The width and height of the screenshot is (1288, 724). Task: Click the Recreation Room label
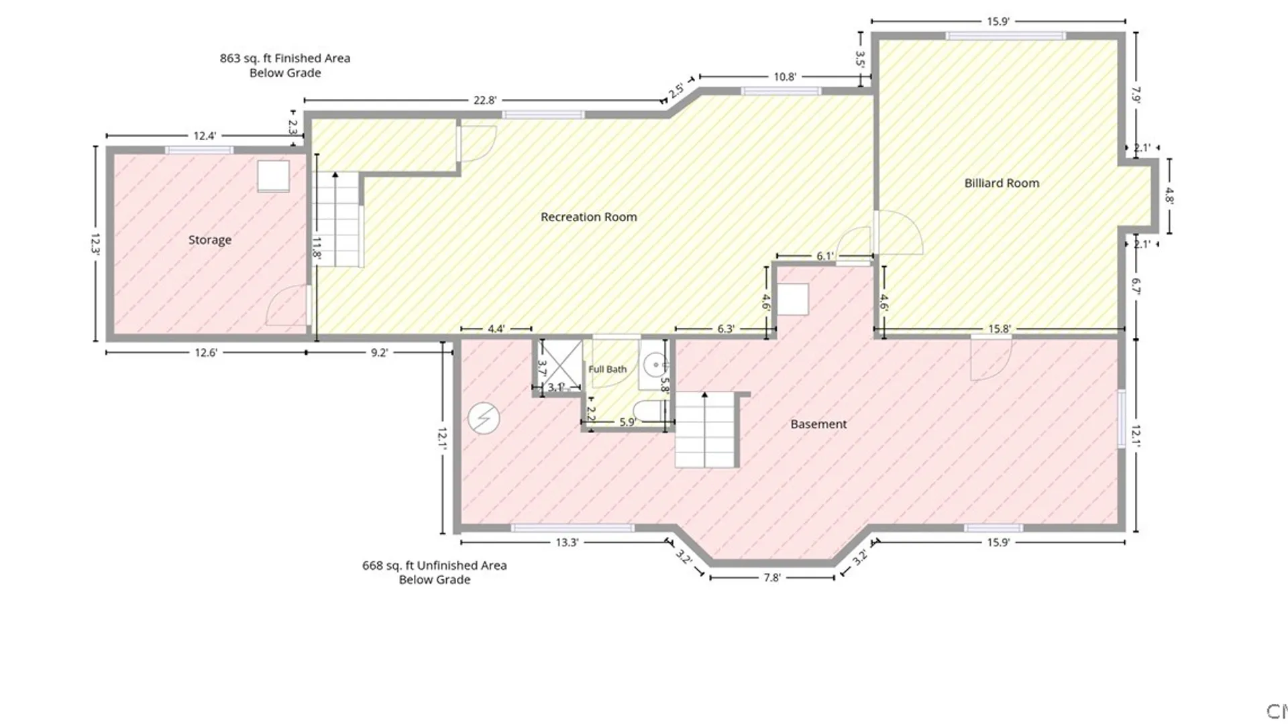tap(588, 217)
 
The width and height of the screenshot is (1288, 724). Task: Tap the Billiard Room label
tap(1002, 183)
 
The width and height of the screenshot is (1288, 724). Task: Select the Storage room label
tap(209, 240)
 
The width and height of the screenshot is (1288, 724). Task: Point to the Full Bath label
tap(607, 369)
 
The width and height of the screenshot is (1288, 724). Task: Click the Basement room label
tap(818, 424)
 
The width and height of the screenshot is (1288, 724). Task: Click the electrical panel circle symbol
tap(484, 418)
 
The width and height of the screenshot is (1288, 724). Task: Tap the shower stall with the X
tap(561, 365)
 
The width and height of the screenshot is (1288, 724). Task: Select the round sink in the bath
tap(654, 365)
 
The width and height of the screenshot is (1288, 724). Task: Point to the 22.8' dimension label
tap(485, 101)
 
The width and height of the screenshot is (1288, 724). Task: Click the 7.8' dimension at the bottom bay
tap(772, 577)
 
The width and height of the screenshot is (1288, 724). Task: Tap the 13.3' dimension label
tap(567, 542)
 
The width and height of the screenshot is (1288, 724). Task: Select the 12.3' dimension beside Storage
tap(95, 243)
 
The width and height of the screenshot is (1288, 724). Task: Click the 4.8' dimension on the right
tap(1169, 196)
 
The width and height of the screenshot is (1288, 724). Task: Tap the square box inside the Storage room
tap(274, 176)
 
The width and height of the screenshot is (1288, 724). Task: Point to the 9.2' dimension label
tap(379, 353)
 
